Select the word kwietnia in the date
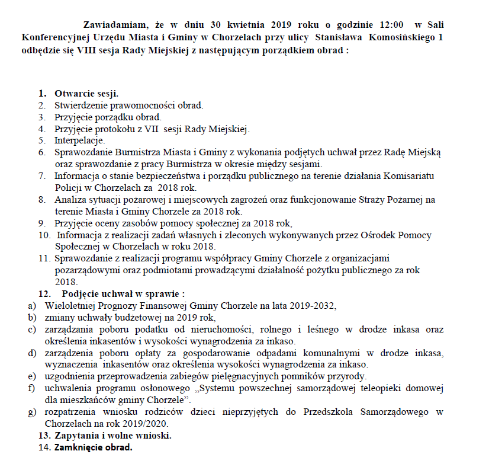coord(243,25)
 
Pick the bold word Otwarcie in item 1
coord(73,94)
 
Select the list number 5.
coord(42,140)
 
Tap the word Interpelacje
coord(79,140)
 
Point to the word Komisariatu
coord(422,175)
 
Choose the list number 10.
coord(44,235)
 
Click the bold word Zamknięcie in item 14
coord(79,448)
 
